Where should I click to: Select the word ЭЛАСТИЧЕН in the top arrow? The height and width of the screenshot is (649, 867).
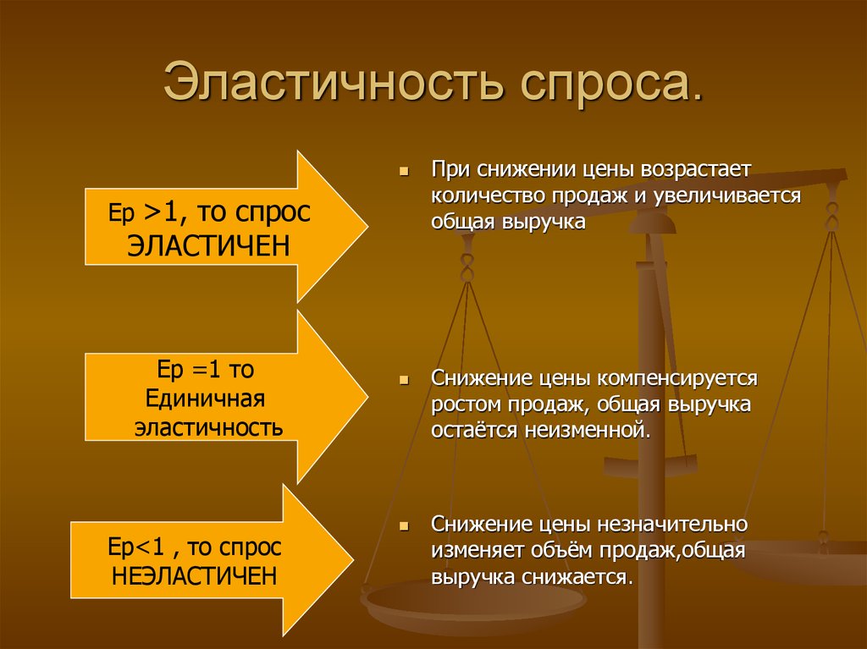[x=210, y=245]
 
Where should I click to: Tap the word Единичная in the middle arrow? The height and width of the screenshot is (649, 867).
[x=206, y=398]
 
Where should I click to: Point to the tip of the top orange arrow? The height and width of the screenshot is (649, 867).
[x=366, y=226]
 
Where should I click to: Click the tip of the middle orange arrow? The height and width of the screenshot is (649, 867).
[x=366, y=397]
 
